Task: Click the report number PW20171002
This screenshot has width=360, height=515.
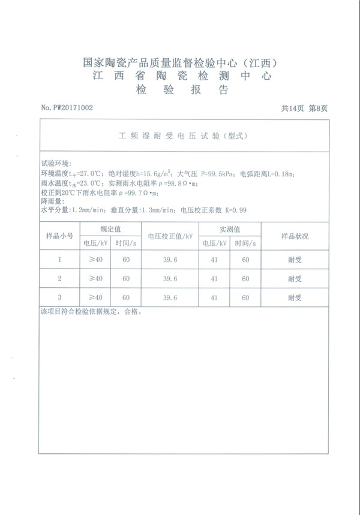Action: tap(67, 108)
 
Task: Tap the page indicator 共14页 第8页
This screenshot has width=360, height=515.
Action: tap(304, 108)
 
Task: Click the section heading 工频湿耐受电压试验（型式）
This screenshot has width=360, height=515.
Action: tap(179, 137)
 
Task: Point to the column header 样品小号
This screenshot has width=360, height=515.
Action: tap(59, 236)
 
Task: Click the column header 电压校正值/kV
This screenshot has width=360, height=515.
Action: tap(170, 236)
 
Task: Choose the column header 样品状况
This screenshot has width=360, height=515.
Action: tap(295, 236)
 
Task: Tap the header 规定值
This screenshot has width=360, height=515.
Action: tap(110, 230)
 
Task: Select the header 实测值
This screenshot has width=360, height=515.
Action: tap(230, 230)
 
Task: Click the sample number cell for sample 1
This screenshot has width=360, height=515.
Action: tap(59, 260)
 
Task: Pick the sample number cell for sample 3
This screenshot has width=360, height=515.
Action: tap(59, 297)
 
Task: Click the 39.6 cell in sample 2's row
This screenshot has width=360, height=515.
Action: tap(170, 279)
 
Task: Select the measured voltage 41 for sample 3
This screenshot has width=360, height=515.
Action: tap(215, 297)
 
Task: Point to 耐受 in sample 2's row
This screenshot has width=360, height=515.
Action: tap(295, 279)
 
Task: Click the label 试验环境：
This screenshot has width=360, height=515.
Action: tap(56, 164)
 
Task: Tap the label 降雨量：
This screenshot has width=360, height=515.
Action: tap(52, 202)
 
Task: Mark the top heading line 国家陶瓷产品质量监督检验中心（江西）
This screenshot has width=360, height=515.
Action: tap(179, 62)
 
